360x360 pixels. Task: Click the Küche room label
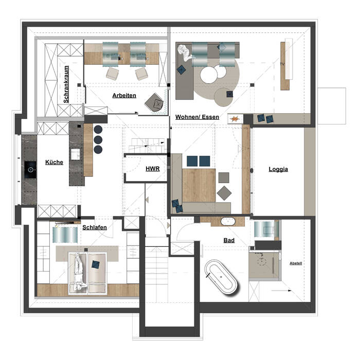coord(54,163)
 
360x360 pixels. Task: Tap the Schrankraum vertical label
coord(66,84)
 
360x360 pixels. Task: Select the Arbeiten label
coord(124,96)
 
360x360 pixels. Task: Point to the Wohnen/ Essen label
coord(197,117)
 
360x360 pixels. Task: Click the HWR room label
coord(152,169)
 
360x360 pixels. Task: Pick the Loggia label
coord(278,169)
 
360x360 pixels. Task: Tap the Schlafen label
coord(95,227)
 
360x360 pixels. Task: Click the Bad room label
coord(229,240)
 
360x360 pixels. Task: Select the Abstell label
coord(296,263)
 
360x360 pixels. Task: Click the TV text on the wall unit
coord(282,64)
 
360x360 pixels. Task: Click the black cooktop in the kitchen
coord(30,170)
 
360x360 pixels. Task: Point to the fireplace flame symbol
coord(235,119)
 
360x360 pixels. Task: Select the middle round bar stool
coord(98,139)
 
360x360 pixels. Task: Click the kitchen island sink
coord(75,154)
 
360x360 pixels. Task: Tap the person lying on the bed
coord(78,273)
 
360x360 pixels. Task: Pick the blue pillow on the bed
coord(96,264)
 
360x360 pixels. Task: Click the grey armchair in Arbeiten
coord(154,102)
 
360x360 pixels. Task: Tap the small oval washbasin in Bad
coord(228,221)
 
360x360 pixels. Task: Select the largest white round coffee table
coord(209,75)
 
